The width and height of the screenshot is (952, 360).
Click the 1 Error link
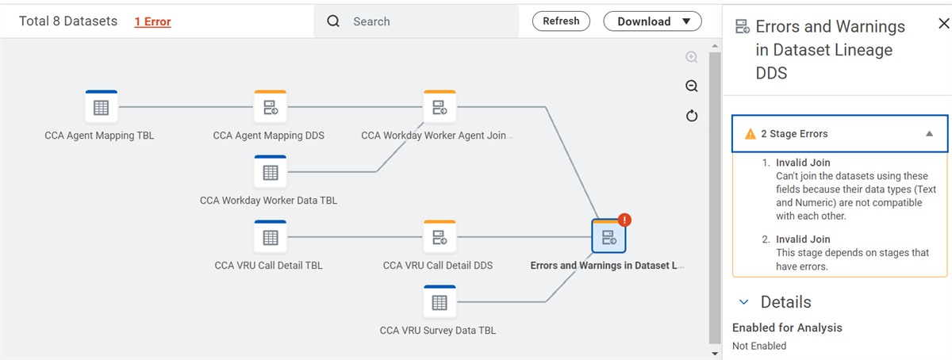pos(152,21)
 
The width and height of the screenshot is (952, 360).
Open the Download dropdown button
pos(652,21)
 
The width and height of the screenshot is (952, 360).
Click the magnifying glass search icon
pos(333,21)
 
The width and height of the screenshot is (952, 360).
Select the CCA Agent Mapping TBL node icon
pos(102,106)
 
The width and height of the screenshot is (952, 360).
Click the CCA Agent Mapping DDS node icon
pos(271,106)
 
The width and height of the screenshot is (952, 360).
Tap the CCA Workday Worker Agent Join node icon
pos(440,106)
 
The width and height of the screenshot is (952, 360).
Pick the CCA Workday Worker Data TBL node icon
pos(271,172)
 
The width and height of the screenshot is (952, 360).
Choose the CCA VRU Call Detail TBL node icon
pos(271,237)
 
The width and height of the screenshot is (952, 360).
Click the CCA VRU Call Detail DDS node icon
pos(440,237)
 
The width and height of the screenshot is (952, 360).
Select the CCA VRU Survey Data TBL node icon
pos(440,302)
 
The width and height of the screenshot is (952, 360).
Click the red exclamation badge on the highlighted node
pos(624,220)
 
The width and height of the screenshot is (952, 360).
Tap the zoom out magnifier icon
pos(692,86)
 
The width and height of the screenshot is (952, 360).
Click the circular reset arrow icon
pos(692,116)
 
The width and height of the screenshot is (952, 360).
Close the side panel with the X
pos(944,23)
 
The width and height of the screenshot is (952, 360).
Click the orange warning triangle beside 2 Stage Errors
pos(750,134)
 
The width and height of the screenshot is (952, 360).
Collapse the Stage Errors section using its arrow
pos(930,134)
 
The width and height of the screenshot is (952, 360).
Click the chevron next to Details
pos(744,302)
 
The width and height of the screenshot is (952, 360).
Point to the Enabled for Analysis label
pos(787,327)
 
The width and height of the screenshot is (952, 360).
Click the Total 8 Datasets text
pos(68,21)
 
